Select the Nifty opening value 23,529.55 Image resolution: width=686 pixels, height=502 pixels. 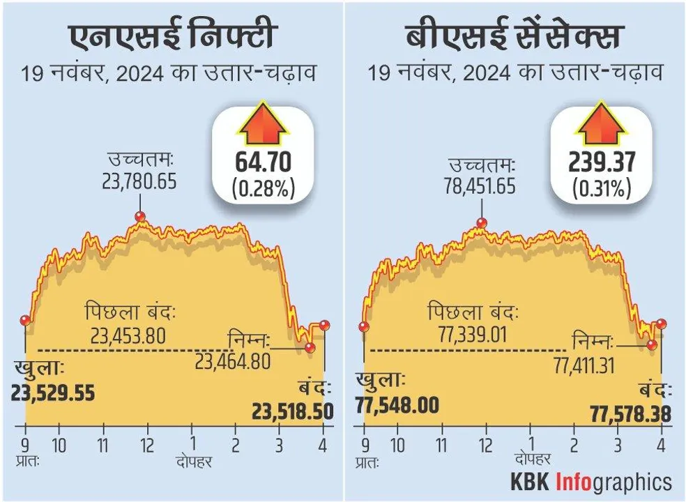click(52, 392)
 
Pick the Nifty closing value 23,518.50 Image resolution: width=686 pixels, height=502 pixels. click(292, 411)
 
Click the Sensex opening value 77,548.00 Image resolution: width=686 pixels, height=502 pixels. click(397, 405)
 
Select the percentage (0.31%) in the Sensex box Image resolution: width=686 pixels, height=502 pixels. click(600, 188)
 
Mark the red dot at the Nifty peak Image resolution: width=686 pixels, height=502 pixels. click(139, 217)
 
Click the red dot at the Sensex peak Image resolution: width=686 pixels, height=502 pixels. click(481, 223)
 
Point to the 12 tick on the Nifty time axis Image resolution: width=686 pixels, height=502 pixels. click(146, 446)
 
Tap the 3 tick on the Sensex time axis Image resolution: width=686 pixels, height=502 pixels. click(616, 446)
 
